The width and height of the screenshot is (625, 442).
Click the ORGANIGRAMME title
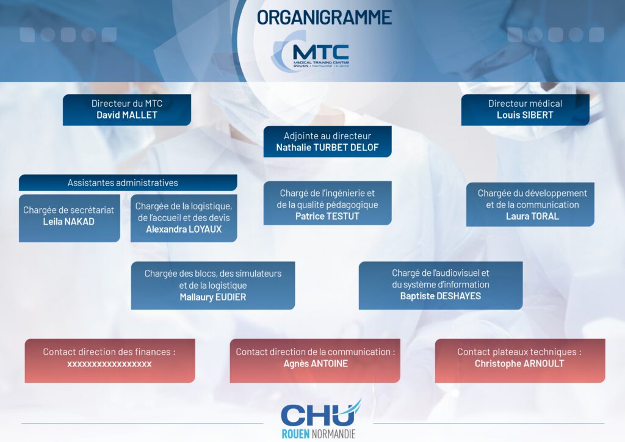coord(324,18)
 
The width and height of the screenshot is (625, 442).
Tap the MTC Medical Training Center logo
coord(311,54)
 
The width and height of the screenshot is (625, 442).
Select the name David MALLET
coord(127,115)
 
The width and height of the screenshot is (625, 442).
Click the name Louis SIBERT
coord(525,115)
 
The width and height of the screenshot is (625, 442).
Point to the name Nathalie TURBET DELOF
coord(327,148)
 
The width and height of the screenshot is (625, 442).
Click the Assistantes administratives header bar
coord(128,183)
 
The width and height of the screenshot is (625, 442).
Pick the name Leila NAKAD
coord(68,222)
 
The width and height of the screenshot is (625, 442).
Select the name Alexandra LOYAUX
coord(184,229)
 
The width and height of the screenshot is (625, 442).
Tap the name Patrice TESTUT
coord(327,216)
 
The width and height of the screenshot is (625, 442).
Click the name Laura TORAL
coord(532,216)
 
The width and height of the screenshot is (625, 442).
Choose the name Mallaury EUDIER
coord(213,297)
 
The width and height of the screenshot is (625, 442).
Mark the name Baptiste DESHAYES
coord(441,296)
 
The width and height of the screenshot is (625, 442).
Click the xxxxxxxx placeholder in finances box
coord(109,364)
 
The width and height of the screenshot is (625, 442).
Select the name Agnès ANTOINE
coord(316,363)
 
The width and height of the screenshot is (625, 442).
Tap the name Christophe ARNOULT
coord(519,363)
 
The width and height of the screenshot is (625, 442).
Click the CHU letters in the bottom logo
coord(318,415)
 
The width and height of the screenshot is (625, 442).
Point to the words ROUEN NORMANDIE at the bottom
coord(318,433)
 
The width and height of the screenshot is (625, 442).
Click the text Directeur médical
coord(525,104)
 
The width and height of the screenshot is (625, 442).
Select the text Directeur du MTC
coord(127,104)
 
